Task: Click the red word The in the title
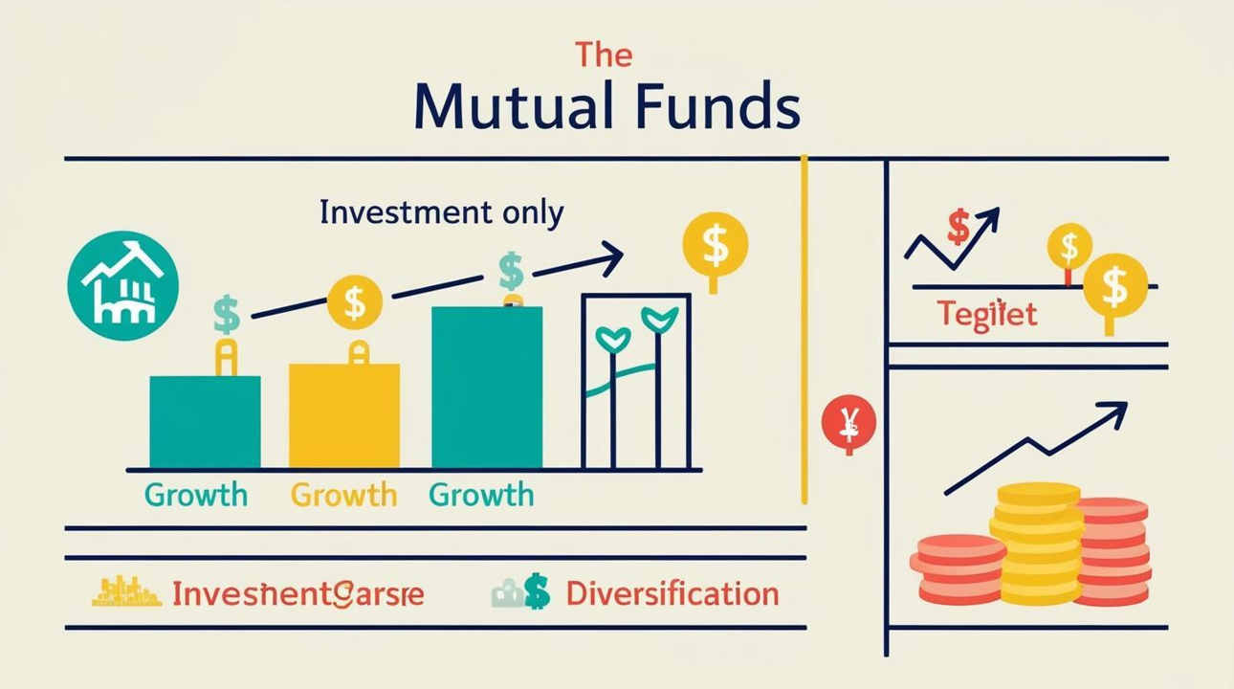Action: pyautogui.click(x=605, y=55)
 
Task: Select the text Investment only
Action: pyautogui.click(x=441, y=212)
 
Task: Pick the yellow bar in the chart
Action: pyautogui.click(x=343, y=414)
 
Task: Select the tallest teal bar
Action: pyautogui.click(x=487, y=387)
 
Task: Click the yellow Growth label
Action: pyautogui.click(x=343, y=495)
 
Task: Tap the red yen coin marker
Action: pyautogui.click(x=848, y=420)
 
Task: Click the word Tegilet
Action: pyautogui.click(x=986, y=315)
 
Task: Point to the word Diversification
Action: pyautogui.click(x=672, y=594)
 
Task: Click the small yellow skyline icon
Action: pyautogui.click(x=125, y=591)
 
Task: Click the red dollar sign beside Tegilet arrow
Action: pyautogui.click(x=958, y=228)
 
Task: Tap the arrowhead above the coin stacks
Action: pyautogui.click(x=1114, y=412)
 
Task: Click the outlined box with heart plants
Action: pyautogui.click(x=635, y=381)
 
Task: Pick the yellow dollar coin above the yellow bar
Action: pyautogui.click(x=355, y=303)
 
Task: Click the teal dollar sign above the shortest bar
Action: pyautogui.click(x=226, y=313)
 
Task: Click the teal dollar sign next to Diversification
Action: pyautogui.click(x=538, y=592)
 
